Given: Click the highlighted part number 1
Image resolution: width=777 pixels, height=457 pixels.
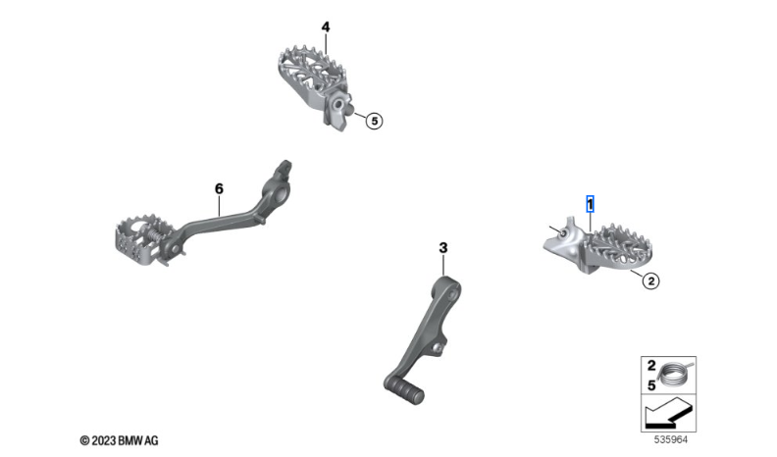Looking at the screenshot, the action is pyautogui.click(x=590, y=204).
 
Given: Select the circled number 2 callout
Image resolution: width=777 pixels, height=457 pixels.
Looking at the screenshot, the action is pyautogui.click(x=650, y=281).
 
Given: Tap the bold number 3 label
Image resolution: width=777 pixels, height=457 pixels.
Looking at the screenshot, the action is pyautogui.click(x=443, y=247).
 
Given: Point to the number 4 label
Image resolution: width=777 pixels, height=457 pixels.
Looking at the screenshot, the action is pyautogui.click(x=325, y=26).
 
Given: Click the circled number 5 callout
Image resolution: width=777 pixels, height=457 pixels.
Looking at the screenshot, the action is pyautogui.click(x=374, y=121).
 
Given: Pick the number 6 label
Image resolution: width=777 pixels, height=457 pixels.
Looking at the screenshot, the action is pyautogui.click(x=219, y=188).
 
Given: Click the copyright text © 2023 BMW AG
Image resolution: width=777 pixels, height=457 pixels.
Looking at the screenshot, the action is pyautogui.click(x=119, y=440).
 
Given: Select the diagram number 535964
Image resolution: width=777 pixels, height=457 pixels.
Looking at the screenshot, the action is pyautogui.click(x=670, y=439).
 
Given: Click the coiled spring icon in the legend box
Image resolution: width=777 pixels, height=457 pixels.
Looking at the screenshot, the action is pyautogui.click(x=676, y=375).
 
